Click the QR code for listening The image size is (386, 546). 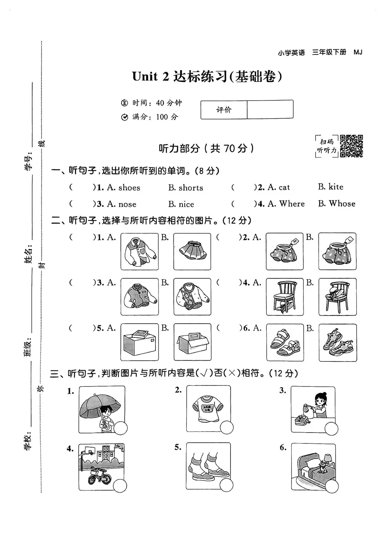pyautogui.click(x=351, y=146)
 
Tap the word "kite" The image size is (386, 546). pyautogui.click(x=336, y=187)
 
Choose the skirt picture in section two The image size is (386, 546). pyautogui.click(x=192, y=251)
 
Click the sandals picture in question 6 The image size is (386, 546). pyautogui.click(x=285, y=342)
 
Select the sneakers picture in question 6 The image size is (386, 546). pyautogui.click(x=337, y=342)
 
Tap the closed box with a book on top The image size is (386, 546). pyautogui.click(x=139, y=342)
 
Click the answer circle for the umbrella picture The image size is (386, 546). pyautogui.click(x=120, y=428)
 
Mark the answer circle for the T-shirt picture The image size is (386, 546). pyautogui.click(x=227, y=427)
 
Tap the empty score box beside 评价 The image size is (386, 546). pyautogui.click(x=270, y=109)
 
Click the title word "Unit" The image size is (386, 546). pyautogui.click(x=145, y=76)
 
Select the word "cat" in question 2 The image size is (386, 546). pyautogui.click(x=284, y=187)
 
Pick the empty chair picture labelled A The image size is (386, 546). pyautogui.click(x=285, y=296)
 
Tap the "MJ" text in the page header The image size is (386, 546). pyautogui.click(x=358, y=52)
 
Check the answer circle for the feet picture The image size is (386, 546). pyautogui.click(x=226, y=485)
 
